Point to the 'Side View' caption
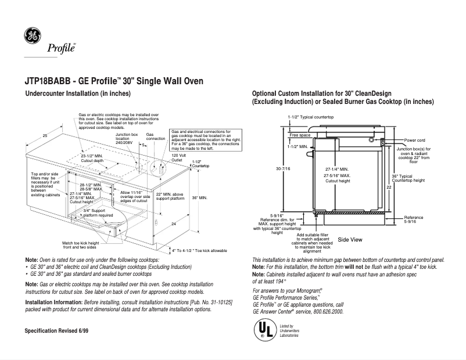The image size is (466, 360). point(350,239)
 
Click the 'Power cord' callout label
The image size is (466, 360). point(415,140)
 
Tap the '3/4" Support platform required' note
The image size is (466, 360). point(98,213)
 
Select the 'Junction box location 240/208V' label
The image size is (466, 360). point(126,139)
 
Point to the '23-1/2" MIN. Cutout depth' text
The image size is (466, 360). point(91,159)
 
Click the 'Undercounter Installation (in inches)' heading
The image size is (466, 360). point(75,93)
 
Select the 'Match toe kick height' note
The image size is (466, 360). point(81,244)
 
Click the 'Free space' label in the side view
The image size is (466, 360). point(300,135)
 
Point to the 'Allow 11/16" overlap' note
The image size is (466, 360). point(135,195)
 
